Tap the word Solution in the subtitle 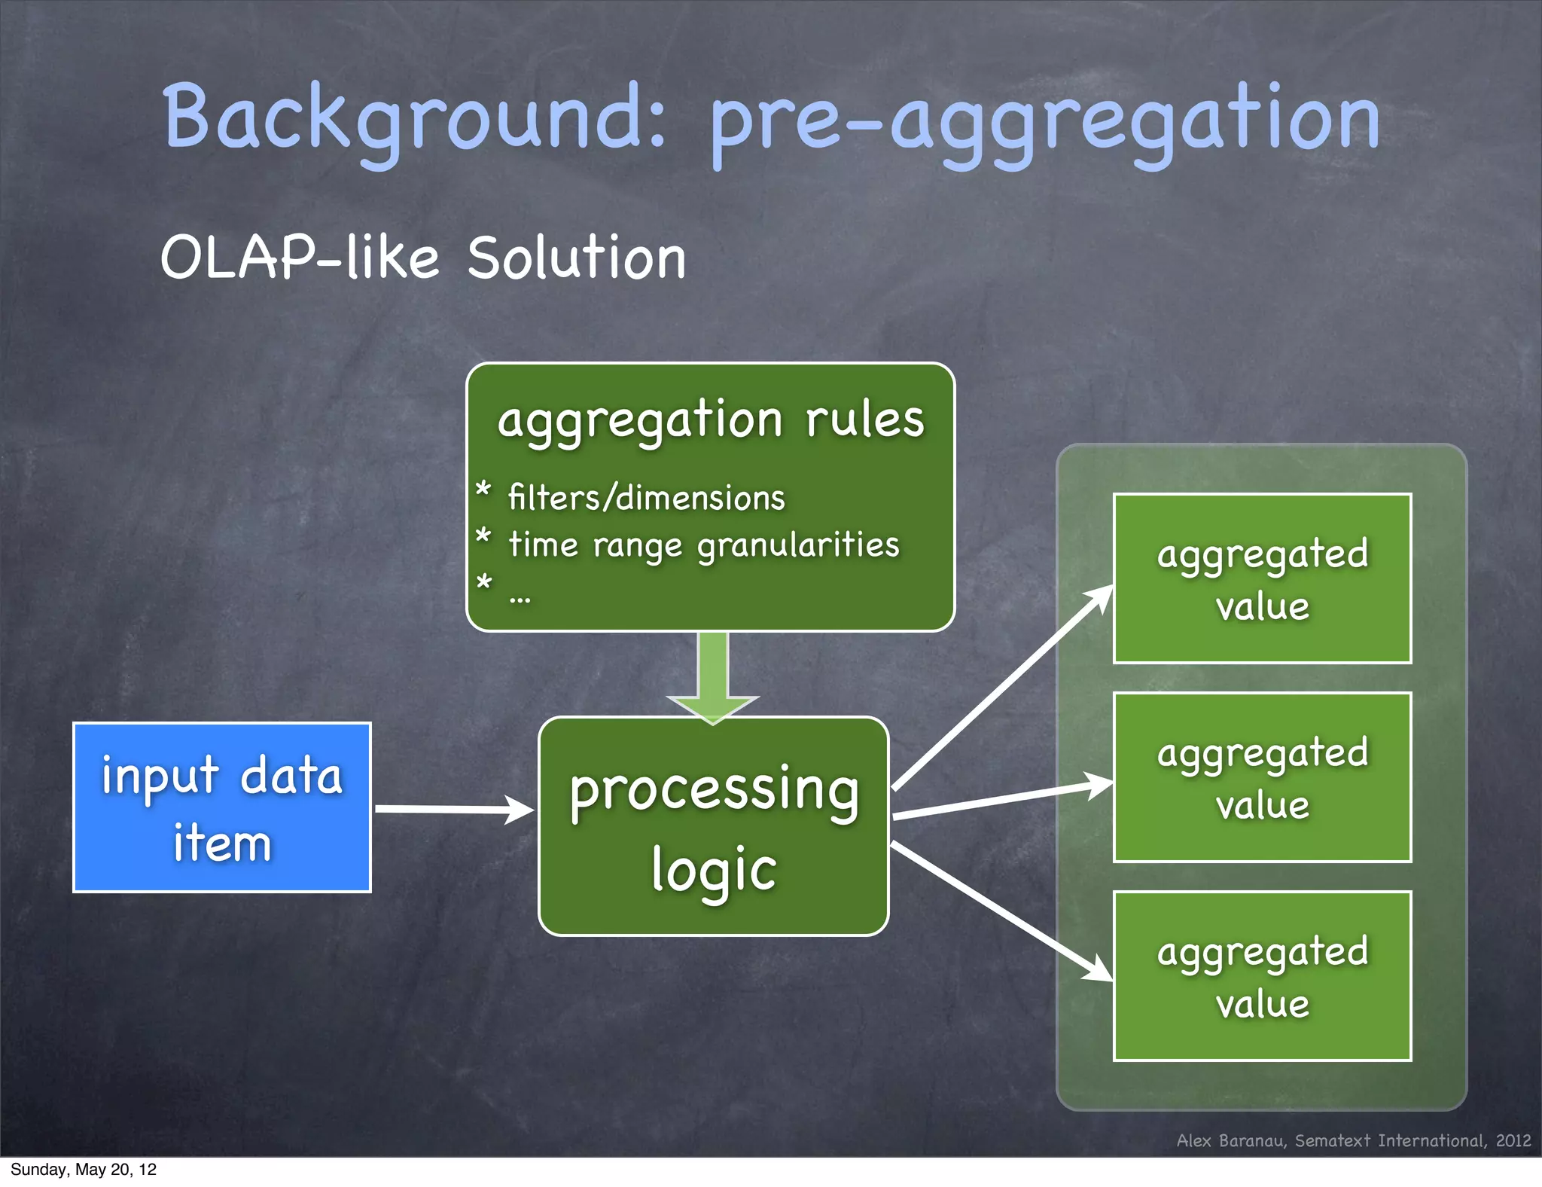pyautogui.click(x=576, y=258)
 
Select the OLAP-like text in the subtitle pyautogui.click(x=300, y=258)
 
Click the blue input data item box pyautogui.click(x=222, y=807)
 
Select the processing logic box pyautogui.click(x=713, y=827)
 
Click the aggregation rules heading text pyautogui.click(x=710, y=420)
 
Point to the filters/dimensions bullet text pyautogui.click(x=646, y=498)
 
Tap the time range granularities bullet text pyautogui.click(x=703, y=545)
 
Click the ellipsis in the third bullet pyautogui.click(x=520, y=600)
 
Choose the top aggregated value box pyautogui.click(x=1262, y=578)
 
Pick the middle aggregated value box pyautogui.click(x=1262, y=777)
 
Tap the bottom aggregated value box pyautogui.click(x=1262, y=976)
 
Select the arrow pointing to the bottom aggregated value pyautogui.click(x=1001, y=911)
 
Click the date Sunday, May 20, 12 pyautogui.click(x=83, y=1170)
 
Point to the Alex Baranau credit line pyautogui.click(x=1353, y=1140)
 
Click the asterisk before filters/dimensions pyautogui.click(x=483, y=490)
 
